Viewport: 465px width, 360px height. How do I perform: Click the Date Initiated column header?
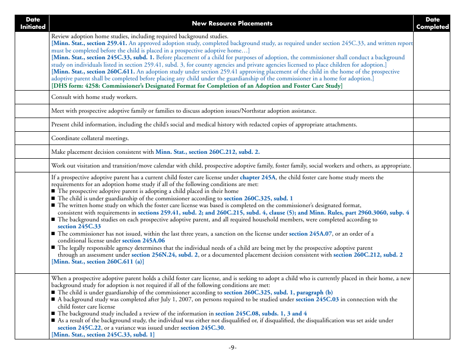[32, 23]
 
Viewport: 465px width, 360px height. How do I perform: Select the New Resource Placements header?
[232, 23]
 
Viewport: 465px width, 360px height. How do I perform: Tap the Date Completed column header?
[432, 23]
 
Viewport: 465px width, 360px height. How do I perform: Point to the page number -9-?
[232, 348]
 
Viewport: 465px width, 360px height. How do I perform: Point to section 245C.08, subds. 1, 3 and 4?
[261, 313]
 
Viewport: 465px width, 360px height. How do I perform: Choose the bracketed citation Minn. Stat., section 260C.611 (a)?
[98, 262]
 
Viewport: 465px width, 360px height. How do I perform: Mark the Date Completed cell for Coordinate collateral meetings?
[432, 138]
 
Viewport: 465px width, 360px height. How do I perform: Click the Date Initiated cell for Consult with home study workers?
[32, 97]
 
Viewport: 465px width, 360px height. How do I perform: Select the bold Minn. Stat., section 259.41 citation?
[90, 43]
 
